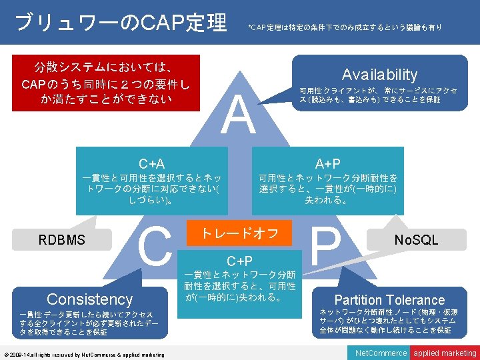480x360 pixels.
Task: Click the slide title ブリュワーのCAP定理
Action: tap(120, 23)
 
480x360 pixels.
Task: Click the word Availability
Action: tap(379, 75)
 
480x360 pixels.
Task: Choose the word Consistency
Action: tap(89, 299)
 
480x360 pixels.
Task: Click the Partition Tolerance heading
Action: tap(389, 300)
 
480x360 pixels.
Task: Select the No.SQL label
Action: tap(416, 239)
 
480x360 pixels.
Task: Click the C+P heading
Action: tap(239, 261)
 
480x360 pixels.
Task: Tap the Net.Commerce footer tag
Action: tap(381, 353)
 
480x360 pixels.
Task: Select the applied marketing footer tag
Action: tap(445, 353)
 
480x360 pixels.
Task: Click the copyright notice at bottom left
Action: tap(84, 355)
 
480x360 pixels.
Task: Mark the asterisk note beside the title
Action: tap(344, 27)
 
